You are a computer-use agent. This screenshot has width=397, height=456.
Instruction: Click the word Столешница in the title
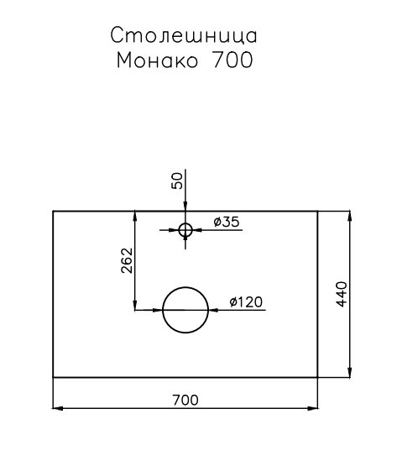[x=184, y=35]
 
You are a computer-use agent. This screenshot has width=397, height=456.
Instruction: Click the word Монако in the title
[x=157, y=60]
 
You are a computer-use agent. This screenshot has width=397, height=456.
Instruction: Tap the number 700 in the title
[x=233, y=60]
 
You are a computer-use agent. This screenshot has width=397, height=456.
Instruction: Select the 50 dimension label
[x=177, y=181]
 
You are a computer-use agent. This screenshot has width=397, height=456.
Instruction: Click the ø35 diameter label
[x=227, y=222]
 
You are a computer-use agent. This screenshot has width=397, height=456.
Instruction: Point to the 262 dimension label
[x=127, y=260]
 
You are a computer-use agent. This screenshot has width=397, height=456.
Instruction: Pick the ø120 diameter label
[x=246, y=301]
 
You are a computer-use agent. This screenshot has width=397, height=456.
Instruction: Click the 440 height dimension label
[x=342, y=294]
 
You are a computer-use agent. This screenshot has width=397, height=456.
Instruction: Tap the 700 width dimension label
[x=185, y=401]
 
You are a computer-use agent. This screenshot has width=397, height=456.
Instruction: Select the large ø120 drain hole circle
[x=185, y=287]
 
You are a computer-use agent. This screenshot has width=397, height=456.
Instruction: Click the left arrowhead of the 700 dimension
[x=58, y=408]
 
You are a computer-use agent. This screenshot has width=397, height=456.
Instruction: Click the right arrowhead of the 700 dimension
[x=313, y=408]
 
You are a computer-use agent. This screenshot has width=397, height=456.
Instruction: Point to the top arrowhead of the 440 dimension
[x=350, y=216]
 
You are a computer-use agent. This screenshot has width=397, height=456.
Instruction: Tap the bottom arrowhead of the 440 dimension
[x=350, y=372]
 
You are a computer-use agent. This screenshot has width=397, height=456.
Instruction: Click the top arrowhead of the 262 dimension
[x=135, y=217]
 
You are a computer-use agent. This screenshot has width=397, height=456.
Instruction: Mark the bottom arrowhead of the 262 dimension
[x=135, y=305]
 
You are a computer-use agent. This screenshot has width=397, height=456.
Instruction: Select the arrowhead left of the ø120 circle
[x=158, y=310]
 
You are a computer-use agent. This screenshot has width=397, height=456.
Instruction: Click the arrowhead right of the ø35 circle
[x=197, y=230]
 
